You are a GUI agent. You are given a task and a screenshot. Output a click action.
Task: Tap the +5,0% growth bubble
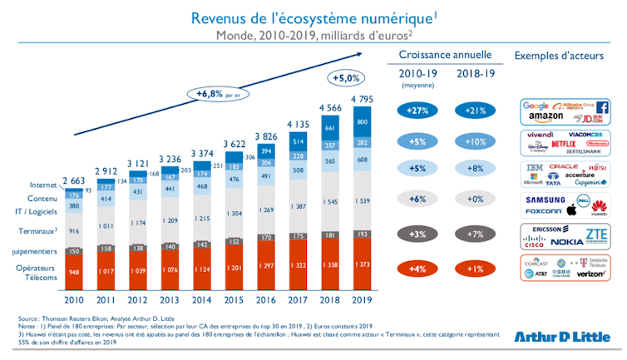click(x=346, y=77)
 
